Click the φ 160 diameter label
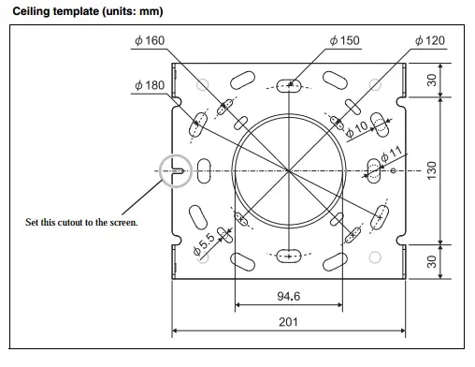150,40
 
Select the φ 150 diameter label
345,40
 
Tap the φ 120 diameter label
430,40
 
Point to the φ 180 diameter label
150,85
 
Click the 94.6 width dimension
289,296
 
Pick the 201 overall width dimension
289,322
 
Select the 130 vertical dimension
432,170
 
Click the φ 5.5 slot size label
204,244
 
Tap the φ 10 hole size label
357,129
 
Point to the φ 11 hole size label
392,154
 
